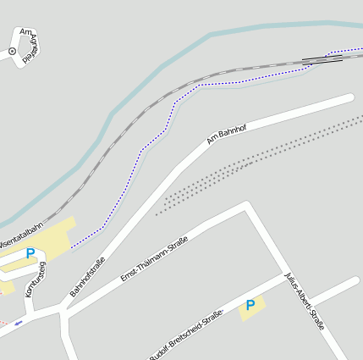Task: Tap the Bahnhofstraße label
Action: (x=86, y=277)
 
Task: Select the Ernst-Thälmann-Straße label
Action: (x=153, y=259)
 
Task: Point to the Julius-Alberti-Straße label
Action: (x=305, y=302)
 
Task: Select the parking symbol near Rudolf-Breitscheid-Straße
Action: (x=250, y=305)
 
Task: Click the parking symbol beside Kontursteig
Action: (x=30, y=253)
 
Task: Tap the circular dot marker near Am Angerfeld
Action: (x=12, y=52)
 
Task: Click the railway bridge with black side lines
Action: (x=322, y=59)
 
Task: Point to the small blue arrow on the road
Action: (x=19, y=323)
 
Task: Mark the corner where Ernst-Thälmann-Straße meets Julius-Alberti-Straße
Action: (x=247, y=205)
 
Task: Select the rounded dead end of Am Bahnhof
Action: (x=349, y=98)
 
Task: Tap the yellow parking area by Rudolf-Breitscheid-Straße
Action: (x=251, y=307)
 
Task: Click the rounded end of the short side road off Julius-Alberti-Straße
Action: (x=355, y=280)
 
